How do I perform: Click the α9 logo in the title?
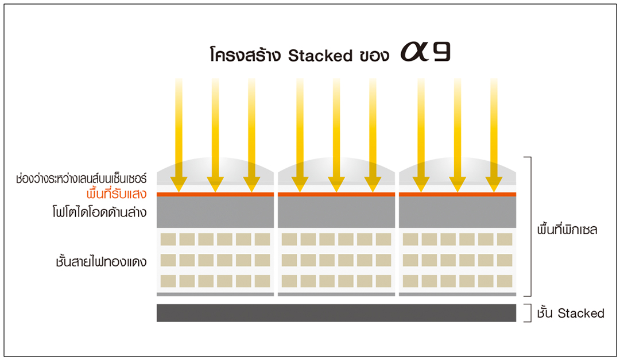(425, 52)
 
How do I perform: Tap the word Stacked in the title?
(320, 56)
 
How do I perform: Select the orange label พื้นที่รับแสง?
(116, 193)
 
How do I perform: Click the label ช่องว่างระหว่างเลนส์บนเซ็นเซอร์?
(82, 178)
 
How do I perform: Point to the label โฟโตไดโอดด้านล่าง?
(99, 212)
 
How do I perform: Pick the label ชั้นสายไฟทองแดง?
(101, 261)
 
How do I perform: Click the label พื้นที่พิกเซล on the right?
(567, 229)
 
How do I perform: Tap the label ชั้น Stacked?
(571, 313)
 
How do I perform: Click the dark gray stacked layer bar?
(336, 313)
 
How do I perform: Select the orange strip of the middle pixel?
(336, 194)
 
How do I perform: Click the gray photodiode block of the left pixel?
(215, 212)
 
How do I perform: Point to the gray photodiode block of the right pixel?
(458, 212)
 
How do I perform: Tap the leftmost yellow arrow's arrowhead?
(179, 184)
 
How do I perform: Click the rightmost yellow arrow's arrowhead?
(494, 184)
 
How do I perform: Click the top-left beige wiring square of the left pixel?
(168, 239)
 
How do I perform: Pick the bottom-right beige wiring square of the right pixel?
(505, 281)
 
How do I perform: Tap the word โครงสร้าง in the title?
(245, 55)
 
